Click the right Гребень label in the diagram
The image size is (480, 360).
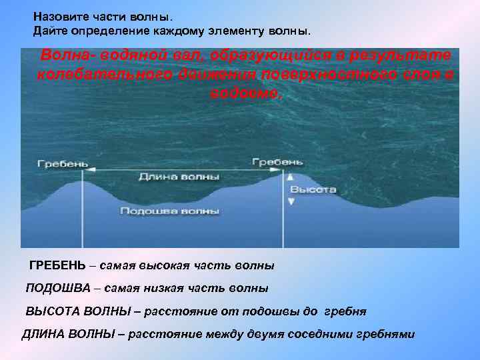pyautogui.click(x=277, y=161)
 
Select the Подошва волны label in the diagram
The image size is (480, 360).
pyautogui.click(x=170, y=211)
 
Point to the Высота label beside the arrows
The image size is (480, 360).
pyautogui.click(x=313, y=189)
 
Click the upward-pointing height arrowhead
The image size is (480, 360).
pyautogui.click(x=290, y=177)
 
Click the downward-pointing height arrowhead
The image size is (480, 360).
pyautogui.click(x=290, y=200)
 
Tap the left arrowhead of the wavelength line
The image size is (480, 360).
pyautogui.click(x=85, y=171)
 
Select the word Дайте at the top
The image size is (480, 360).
pyautogui.click(x=49, y=31)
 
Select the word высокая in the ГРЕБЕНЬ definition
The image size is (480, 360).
pyautogui.click(x=160, y=265)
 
